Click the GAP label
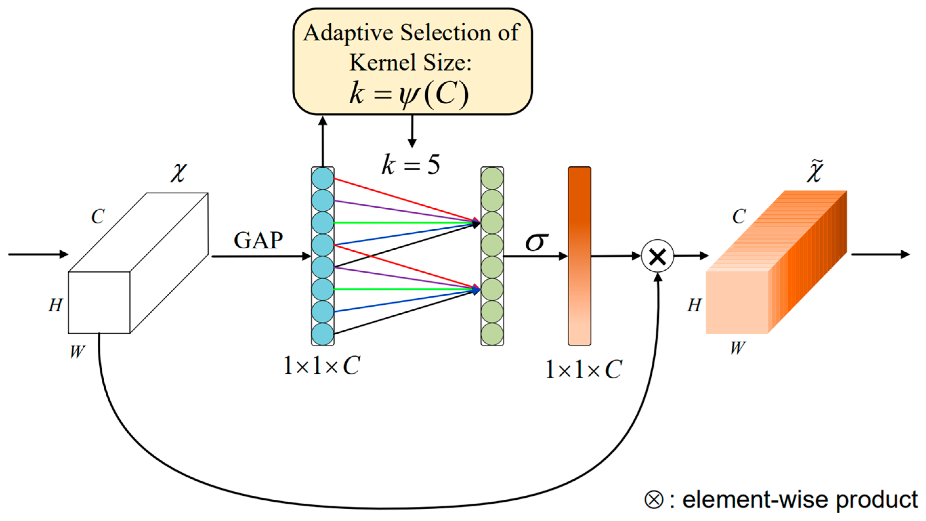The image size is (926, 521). coord(258,240)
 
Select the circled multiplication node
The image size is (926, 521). coord(658,256)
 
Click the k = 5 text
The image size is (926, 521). coord(410,165)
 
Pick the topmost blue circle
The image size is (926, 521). coord(323,178)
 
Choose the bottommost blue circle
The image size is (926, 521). coord(323,334)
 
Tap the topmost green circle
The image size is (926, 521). coord(492,178)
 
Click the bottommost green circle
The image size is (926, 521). coord(492,334)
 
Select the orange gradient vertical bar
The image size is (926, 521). coord(579,256)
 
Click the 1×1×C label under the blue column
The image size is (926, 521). coord(322,366)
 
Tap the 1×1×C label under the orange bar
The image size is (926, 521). coord(583,369)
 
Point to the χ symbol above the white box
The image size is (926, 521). coord(179,173)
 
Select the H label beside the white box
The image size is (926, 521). coord(56,305)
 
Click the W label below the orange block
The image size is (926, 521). coord(738,348)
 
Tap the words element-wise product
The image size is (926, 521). coord(800,499)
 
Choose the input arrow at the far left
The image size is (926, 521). coord(38,254)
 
